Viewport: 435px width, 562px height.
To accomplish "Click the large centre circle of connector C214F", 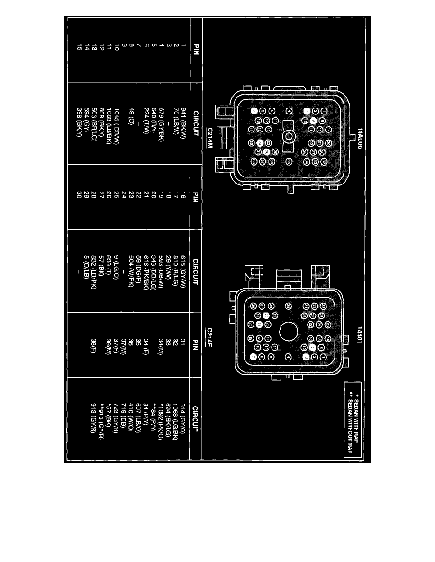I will tap(288, 332).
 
